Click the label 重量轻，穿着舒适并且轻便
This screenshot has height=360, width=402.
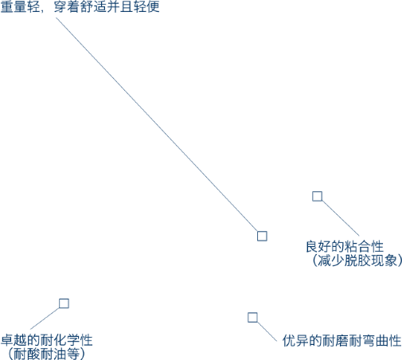80,7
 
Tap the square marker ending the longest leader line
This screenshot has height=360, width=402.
262,236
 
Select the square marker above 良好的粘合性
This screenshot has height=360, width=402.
317,196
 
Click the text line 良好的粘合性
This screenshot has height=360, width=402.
345,246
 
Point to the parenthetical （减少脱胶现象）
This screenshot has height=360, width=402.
357,260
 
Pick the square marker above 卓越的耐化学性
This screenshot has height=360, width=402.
64,303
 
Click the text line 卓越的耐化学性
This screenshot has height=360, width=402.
47,340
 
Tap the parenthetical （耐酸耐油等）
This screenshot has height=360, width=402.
46,354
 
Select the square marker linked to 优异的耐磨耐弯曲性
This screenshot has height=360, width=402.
252,317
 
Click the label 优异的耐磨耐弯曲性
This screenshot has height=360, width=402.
342,341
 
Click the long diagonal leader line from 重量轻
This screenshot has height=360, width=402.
157,124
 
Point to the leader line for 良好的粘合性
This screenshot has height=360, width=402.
341,218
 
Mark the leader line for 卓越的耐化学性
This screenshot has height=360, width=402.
45,319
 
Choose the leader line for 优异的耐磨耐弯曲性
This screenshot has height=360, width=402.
267,331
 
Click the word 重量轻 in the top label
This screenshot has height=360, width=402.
20,7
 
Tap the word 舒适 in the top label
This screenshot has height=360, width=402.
93,7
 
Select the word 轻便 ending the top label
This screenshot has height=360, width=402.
146,7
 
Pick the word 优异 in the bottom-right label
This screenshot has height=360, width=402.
295,341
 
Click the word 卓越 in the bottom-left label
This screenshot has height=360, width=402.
14,340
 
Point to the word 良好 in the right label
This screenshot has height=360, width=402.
318,246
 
